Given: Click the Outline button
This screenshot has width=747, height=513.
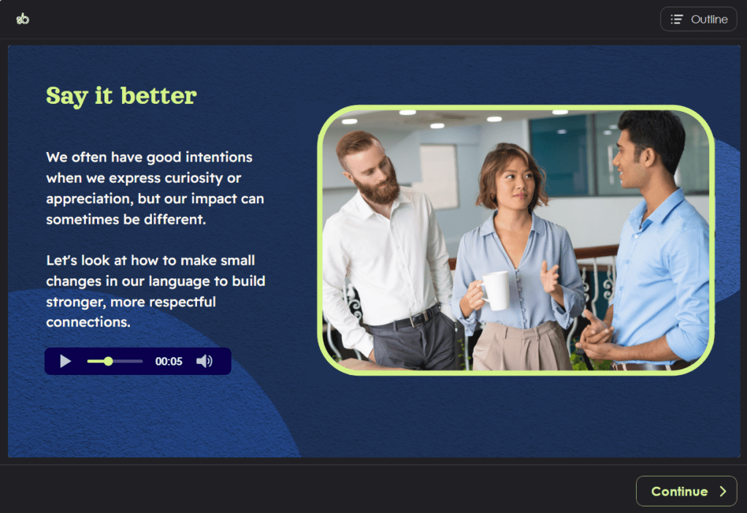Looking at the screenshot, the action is pyautogui.click(x=698, y=19).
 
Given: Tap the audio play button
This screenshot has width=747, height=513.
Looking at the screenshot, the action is pyautogui.click(x=66, y=362).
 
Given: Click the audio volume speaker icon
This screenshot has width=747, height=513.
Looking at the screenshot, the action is pyautogui.click(x=204, y=362).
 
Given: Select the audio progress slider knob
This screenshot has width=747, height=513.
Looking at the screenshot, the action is pyautogui.click(x=109, y=362).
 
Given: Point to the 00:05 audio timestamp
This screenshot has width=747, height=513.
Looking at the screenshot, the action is pyautogui.click(x=169, y=362).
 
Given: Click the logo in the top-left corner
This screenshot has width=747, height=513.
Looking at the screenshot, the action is pyautogui.click(x=23, y=18).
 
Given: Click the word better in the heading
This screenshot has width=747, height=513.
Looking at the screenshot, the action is pyautogui.click(x=158, y=95).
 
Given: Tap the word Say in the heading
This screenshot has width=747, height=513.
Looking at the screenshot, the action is pyautogui.click(x=66, y=96).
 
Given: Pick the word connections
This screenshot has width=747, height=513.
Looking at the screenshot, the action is pyautogui.click(x=88, y=322).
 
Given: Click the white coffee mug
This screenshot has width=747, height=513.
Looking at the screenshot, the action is pyautogui.click(x=495, y=290).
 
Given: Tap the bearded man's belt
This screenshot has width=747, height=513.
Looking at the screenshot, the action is pyautogui.click(x=405, y=320).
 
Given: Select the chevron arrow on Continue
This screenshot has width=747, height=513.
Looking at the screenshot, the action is pyautogui.click(x=723, y=491).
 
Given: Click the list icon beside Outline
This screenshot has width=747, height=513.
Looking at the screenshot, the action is pyautogui.click(x=677, y=19).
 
